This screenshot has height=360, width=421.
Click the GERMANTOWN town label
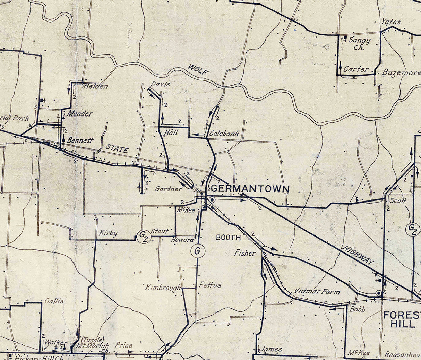pyautogui.click(x=250, y=189)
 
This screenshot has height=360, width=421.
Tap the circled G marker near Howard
pyautogui.click(x=198, y=251)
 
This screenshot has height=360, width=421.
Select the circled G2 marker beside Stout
pyautogui.click(x=144, y=236)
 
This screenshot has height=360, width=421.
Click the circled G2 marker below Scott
pyautogui.click(x=412, y=230)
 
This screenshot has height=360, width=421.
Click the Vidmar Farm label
pyautogui.click(x=317, y=291)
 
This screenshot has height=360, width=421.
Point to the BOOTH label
pyautogui.click(x=228, y=238)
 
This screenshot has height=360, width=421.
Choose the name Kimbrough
pyautogui.click(x=163, y=288)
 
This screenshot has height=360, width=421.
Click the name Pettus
pyautogui.click(x=210, y=285)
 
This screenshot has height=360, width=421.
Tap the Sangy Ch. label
pyautogui.click(x=359, y=43)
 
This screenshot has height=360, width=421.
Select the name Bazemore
pyautogui.click(x=401, y=72)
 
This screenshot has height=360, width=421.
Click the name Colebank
pyautogui.click(x=224, y=133)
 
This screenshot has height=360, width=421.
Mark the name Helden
pyautogui.click(x=95, y=86)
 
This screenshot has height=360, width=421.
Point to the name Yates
pyautogui.click(x=391, y=22)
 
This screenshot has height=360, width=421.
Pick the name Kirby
pyautogui.click(x=108, y=233)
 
